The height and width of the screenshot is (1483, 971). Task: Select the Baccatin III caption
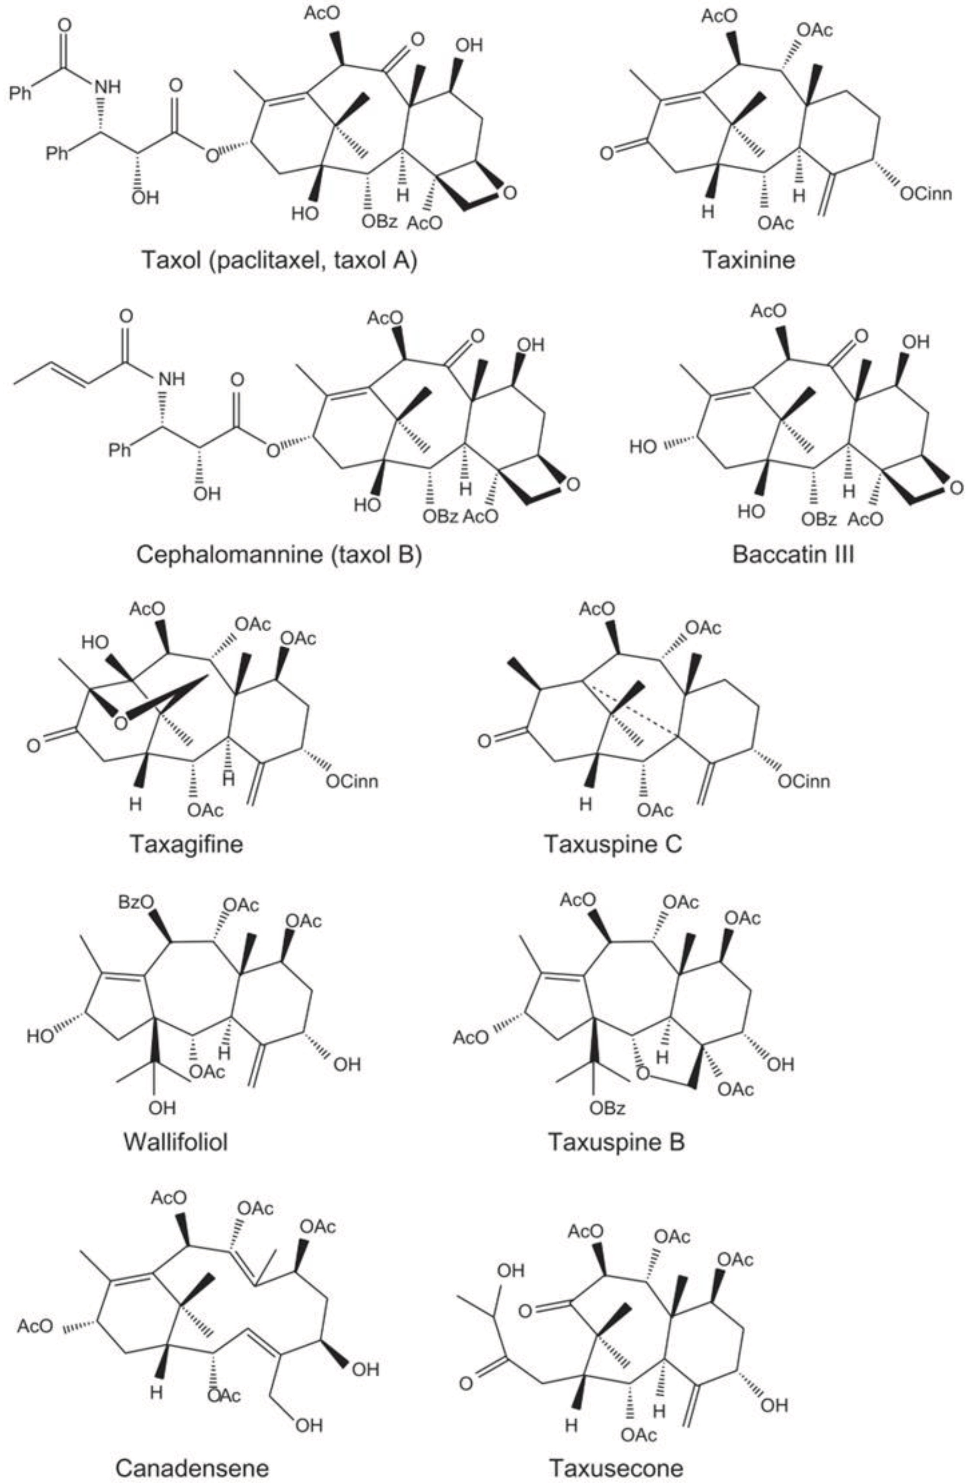793,554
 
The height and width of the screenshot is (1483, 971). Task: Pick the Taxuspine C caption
613,844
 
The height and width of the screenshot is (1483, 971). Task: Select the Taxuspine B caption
616,1142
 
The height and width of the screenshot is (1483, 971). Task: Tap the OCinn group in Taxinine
926,194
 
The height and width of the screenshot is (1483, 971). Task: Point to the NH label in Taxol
107,87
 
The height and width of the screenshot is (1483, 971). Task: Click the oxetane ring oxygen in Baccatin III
957,488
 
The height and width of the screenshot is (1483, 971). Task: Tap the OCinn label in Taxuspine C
803,781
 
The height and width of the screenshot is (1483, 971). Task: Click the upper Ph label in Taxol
23,95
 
